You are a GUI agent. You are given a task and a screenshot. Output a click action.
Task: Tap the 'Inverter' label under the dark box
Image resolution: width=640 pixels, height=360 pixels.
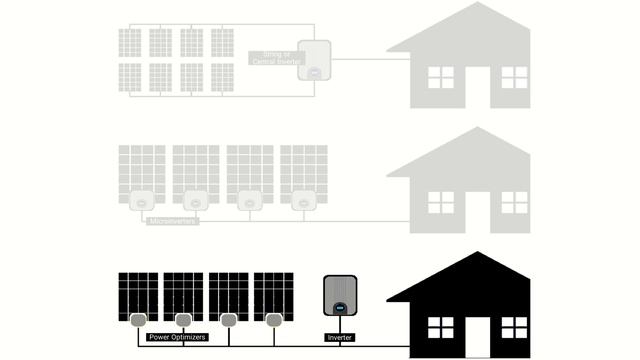340,338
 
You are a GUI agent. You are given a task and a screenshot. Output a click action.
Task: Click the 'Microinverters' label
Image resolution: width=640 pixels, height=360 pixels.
172,220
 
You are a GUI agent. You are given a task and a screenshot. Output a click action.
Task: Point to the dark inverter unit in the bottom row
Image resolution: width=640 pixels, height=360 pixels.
340,295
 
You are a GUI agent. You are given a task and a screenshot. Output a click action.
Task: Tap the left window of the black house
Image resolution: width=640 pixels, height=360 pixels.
440,326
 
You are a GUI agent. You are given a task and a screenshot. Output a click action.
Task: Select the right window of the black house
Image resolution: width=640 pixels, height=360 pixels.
514,326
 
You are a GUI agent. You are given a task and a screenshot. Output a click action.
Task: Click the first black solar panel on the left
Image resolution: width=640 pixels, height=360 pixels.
137,296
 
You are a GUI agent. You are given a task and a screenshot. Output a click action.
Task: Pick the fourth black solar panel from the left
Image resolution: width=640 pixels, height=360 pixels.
273,296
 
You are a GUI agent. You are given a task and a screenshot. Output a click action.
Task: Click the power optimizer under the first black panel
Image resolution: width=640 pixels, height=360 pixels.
138,320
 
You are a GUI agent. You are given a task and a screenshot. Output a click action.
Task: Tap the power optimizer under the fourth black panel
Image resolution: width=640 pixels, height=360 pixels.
273,320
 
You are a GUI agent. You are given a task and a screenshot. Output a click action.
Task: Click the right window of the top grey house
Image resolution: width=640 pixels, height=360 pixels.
514,77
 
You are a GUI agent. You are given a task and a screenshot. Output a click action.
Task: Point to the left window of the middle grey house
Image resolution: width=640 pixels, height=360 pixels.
440,202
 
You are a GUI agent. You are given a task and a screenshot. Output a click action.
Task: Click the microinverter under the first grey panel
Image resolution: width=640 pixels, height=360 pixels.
142,200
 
